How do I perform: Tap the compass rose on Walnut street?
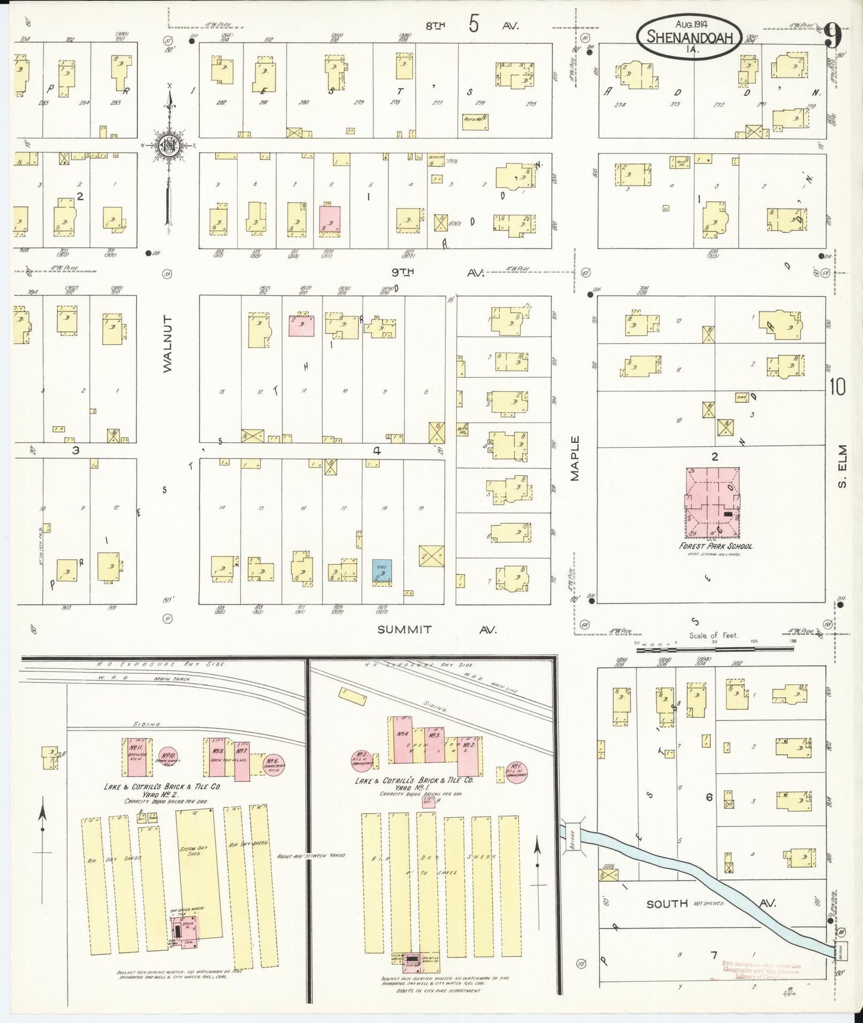tap(169, 145)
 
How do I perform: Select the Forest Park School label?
tap(715, 546)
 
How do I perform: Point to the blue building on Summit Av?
tap(382, 571)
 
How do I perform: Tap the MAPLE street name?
tap(575, 458)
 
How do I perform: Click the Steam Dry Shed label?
tap(194, 851)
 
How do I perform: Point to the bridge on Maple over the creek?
tap(571, 834)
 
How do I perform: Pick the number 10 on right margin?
tap(837, 387)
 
